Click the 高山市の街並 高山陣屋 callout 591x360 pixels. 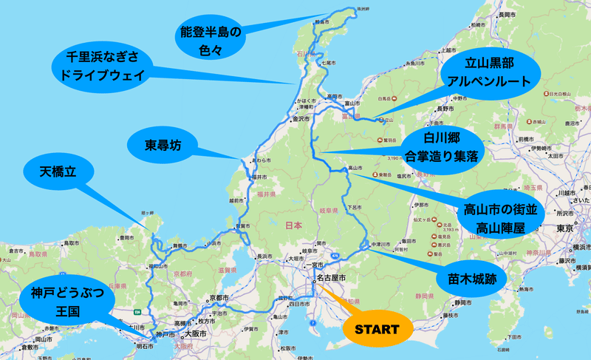(494, 218)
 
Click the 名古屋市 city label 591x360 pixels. (331, 278)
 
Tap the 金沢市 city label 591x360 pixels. (301, 118)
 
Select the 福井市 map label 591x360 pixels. (258, 177)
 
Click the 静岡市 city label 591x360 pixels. (463, 303)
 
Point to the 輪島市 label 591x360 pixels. (321, 23)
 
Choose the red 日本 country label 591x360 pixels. (293, 225)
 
